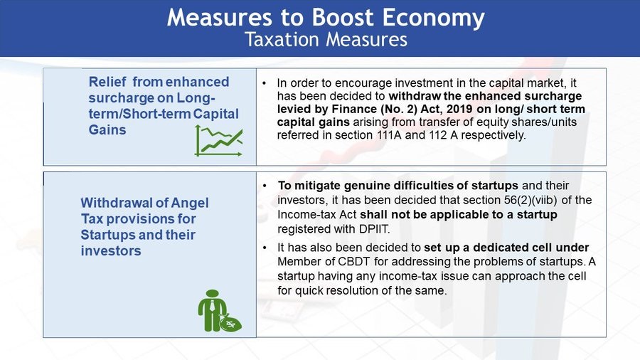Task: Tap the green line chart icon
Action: tap(219, 141)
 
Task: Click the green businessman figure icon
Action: tap(212, 310)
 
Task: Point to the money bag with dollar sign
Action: tap(230, 323)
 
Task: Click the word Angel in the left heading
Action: tap(190, 203)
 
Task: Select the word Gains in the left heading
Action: tap(107, 129)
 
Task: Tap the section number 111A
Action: tap(390, 135)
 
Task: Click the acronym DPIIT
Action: tap(374, 229)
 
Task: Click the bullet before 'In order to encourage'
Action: tap(265, 83)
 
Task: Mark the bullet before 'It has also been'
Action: tap(265, 248)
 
